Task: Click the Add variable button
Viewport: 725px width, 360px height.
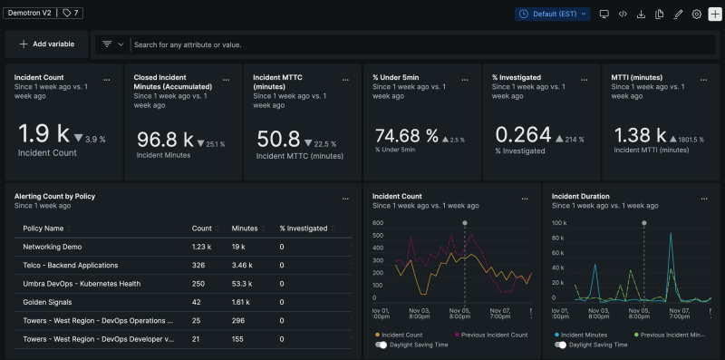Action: click(46, 44)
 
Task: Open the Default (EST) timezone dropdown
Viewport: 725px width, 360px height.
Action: click(553, 14)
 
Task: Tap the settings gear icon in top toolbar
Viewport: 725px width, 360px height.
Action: click(696, 14)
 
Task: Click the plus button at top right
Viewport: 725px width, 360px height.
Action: click(715, 14)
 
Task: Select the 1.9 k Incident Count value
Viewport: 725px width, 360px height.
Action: click(44, 134)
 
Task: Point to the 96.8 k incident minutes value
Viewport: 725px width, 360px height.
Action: click(164, 140)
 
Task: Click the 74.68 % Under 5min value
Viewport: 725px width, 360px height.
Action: click(407, 135)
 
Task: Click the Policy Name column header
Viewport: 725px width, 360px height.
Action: click(43, 229)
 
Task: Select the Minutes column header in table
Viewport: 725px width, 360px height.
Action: click(244, 229)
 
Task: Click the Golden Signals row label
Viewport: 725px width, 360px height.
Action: click(47, 302)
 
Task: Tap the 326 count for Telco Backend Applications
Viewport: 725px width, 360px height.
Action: click(198, 265)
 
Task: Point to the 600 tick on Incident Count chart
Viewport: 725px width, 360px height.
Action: click(378, 223)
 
